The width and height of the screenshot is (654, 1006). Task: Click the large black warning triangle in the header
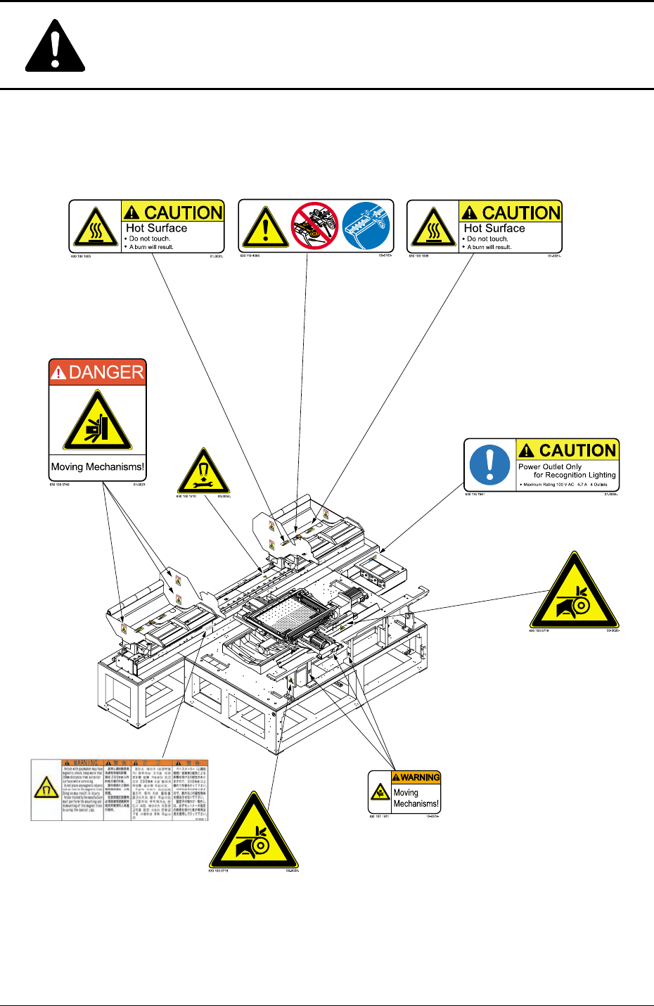coord(55,49)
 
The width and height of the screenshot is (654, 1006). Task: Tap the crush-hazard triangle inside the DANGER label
coord(98,422)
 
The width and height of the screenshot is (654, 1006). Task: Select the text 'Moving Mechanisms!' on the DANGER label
coord(98,466)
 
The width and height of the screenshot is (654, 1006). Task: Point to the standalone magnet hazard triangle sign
coord(203,472)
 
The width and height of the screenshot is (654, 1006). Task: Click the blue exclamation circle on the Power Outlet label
coord(489,464)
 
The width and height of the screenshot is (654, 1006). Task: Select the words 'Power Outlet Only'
coord(550,466)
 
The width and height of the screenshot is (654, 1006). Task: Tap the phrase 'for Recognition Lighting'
coord(575,475)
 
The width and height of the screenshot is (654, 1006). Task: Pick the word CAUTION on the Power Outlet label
coord(577,450)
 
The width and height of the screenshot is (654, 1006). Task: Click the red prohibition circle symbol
coord(316,226)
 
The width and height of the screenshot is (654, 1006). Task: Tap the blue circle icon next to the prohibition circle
coord(366,226)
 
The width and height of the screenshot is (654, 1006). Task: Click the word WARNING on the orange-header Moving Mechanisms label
coord(420,777)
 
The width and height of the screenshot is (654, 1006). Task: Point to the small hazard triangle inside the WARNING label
coord(380,793)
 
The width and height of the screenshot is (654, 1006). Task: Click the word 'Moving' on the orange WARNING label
coord(406,793)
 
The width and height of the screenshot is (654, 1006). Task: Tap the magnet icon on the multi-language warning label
coord(46,789)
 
